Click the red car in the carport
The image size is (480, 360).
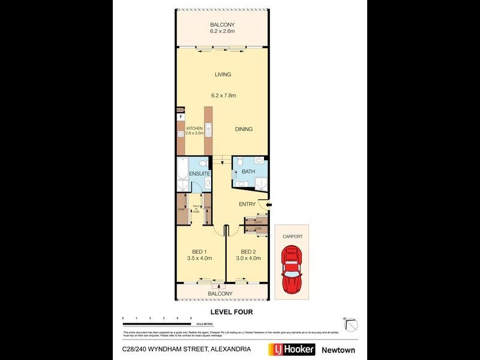(292, 271)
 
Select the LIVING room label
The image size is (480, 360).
(223, 74)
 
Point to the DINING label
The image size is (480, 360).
(244, 129)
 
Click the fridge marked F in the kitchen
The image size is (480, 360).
(181, 118)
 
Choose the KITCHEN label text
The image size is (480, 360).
(195, 129)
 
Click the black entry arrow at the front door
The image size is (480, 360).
(268, 205)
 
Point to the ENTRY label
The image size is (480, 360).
(247, 205)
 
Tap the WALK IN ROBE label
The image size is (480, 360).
(195, 208)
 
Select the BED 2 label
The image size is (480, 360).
(248, 251)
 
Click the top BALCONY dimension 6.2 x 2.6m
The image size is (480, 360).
(221, 32)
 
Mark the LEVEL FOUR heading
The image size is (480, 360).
(231, 312)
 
